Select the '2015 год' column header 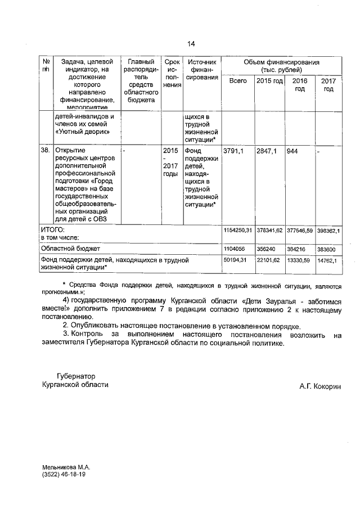(269, 81)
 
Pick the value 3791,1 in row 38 (235, 151)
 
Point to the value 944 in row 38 (292, 151)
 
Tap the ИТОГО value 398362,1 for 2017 (328, 231)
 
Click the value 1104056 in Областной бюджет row (235, 248)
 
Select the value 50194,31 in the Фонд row (236, 260)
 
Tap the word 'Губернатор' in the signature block (76, 376)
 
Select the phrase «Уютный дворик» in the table (82, 132)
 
